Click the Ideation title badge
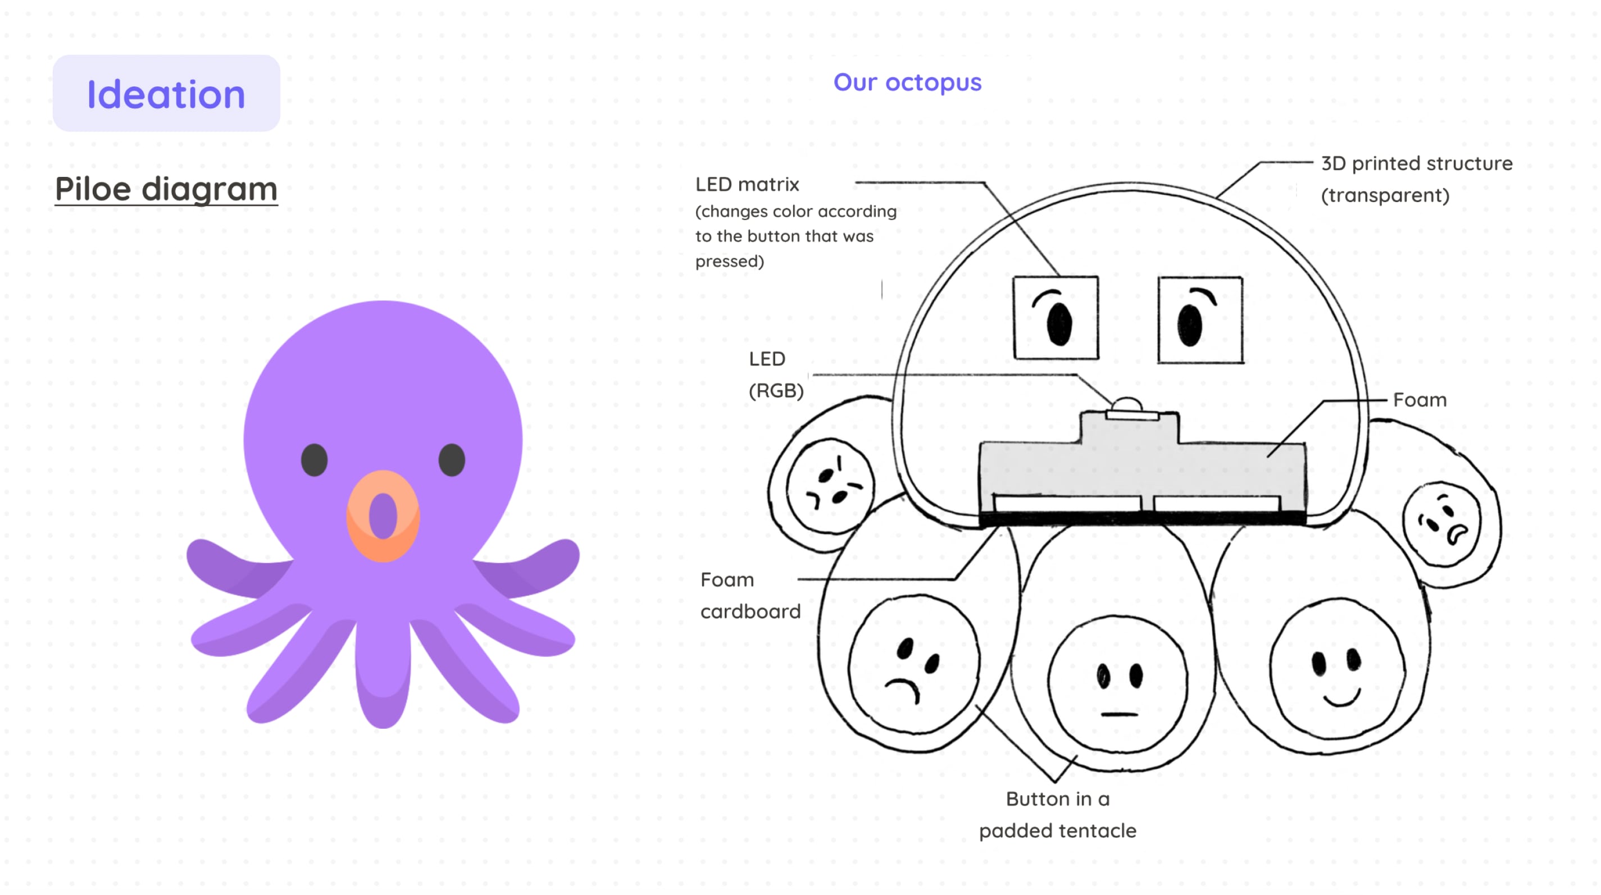[x=166, y=93]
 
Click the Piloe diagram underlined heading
[x=166, y=189]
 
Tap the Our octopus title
[x=907, y=82]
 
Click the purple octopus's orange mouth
[x=383, y=516]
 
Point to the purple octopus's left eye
[x=315, y=460]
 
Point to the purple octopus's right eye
[x=452, y=460]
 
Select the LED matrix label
[x=747, y=185]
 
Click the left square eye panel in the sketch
[x=1056, y=318]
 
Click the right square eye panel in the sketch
[x=1199, y=320]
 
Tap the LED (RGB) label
[x=775, y=375]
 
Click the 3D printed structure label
[x=1416, y=179]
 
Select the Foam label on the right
[x=1420, y=400]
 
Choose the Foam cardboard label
[x=749, y=595]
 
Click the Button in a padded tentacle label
[x=1057, y=814]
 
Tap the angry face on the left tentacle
[x=830, y=486]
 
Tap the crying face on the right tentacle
[x=1442, y=523]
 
